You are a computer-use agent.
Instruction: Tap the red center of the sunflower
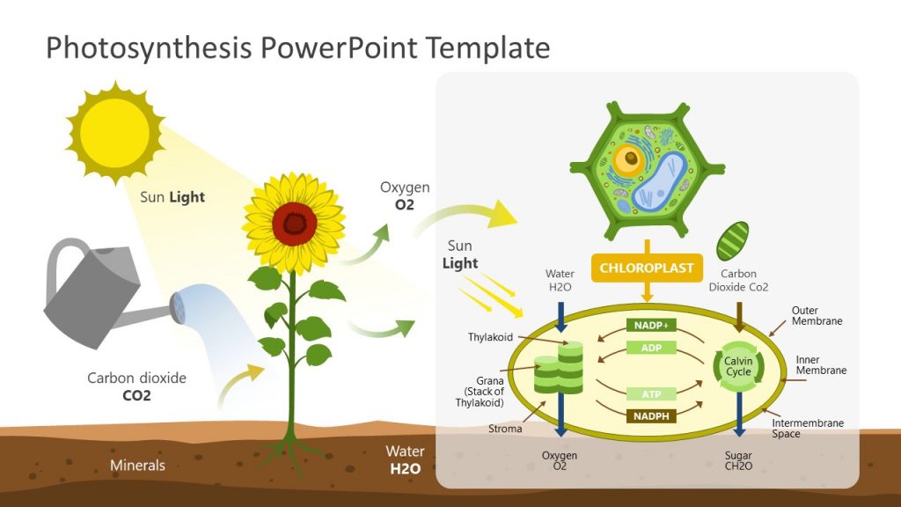[x=294, y=224]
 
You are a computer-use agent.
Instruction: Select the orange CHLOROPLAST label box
[x=647, y=268]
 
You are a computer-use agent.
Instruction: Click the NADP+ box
[x=651, y=325]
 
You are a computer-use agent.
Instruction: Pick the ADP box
[x=651, y=348]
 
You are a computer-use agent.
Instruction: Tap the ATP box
[x=651, y=393]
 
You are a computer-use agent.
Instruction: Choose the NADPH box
[x=651, y=415]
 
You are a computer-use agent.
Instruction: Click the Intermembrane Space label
[x=807, y=429]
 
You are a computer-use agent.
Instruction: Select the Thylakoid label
[x=490, y=337]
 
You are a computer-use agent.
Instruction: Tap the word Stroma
[x=505, y=429]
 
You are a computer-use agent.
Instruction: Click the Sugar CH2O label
[x=738, y=460]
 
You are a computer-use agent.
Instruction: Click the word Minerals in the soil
[x=137, y=465]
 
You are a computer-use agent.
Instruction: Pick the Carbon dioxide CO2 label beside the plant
[x=136, y=386]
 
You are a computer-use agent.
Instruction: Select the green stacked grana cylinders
[x=559, y=371]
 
